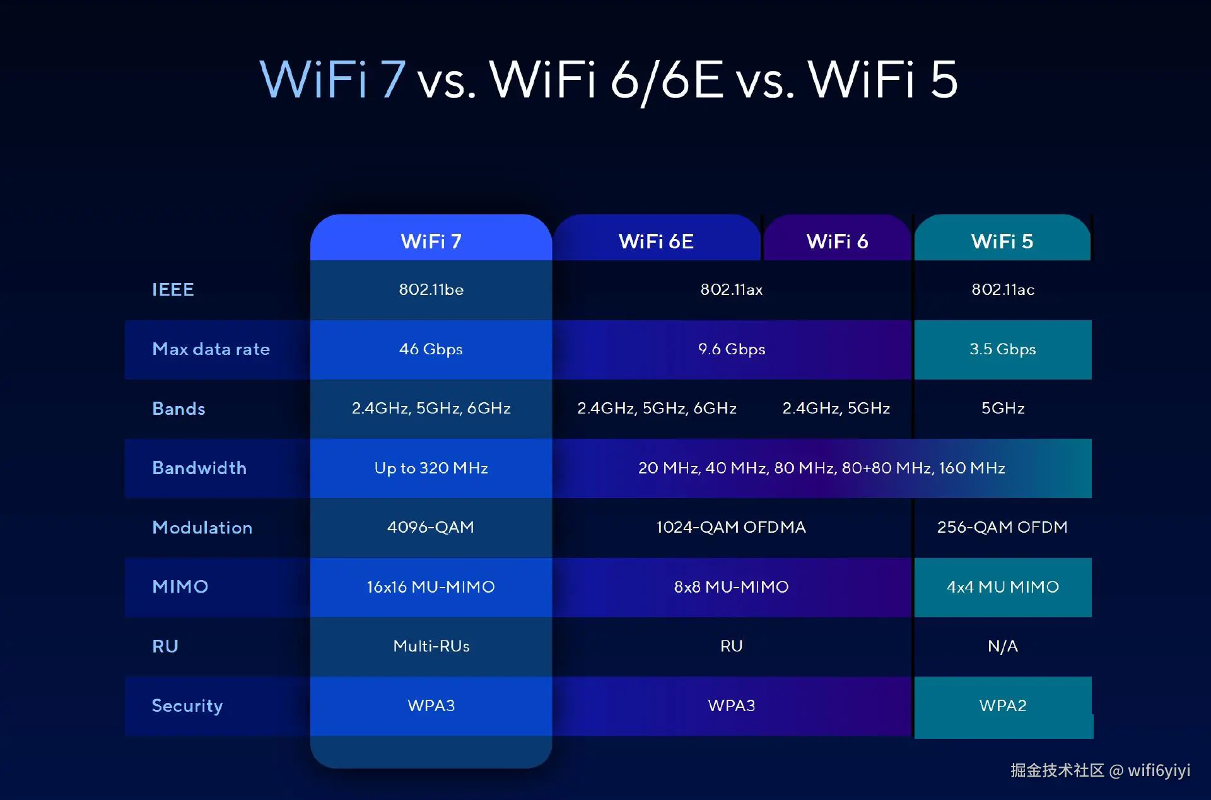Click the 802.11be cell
431,289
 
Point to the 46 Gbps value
431,349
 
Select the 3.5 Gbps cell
1003,349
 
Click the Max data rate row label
211,349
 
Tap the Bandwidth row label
199,468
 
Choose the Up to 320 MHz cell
431,468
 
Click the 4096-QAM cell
431,527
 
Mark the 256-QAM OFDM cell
1002,527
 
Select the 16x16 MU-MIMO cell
431,587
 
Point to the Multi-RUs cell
431,646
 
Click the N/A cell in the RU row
1003,646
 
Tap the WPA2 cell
1003,705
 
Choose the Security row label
187,706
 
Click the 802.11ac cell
1003,289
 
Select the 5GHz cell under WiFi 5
1003,409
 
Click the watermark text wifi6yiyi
1159,770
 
